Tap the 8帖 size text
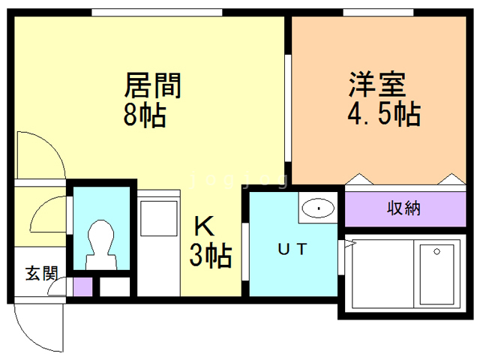[x=145, y=115]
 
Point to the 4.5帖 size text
[x=382, y=114]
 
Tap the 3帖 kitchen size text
[x=209, y=256]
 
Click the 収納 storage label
[x=403, y=208]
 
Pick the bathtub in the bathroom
[x=438, y=273]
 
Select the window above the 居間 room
[x=157, y=12]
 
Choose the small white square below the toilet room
[x=115, y=286]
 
